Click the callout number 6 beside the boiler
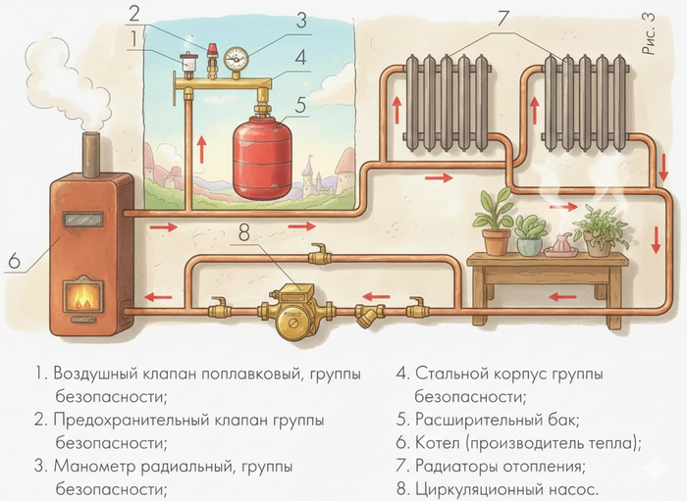pyautogui.click(x=14, y=261)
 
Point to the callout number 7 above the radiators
pyautogui.click(x=503, y=17)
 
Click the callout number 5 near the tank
pyautogui.click(x=301, y=101)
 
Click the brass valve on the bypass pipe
pyautogui.click(x=317, y=257)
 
